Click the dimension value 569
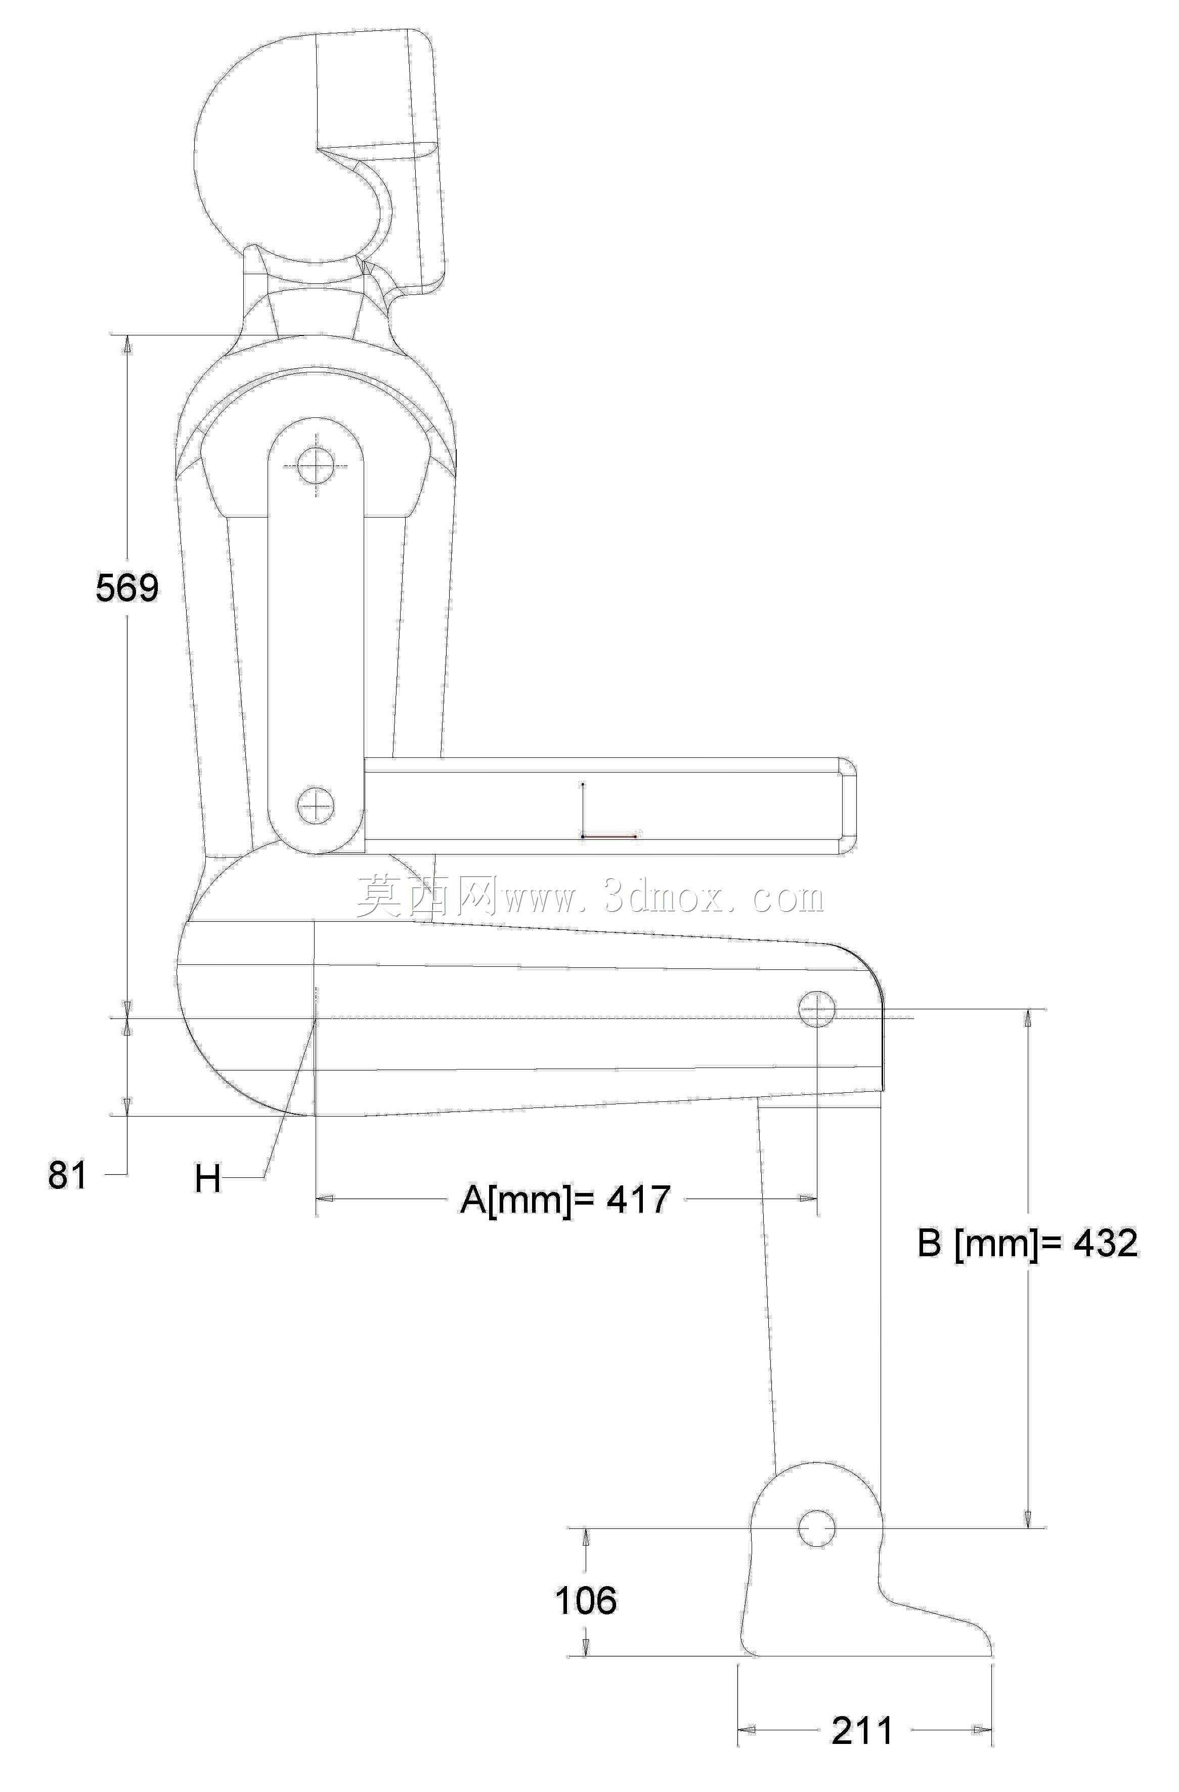(x=127, y=587)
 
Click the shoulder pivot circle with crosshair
(x=316, y=465)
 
